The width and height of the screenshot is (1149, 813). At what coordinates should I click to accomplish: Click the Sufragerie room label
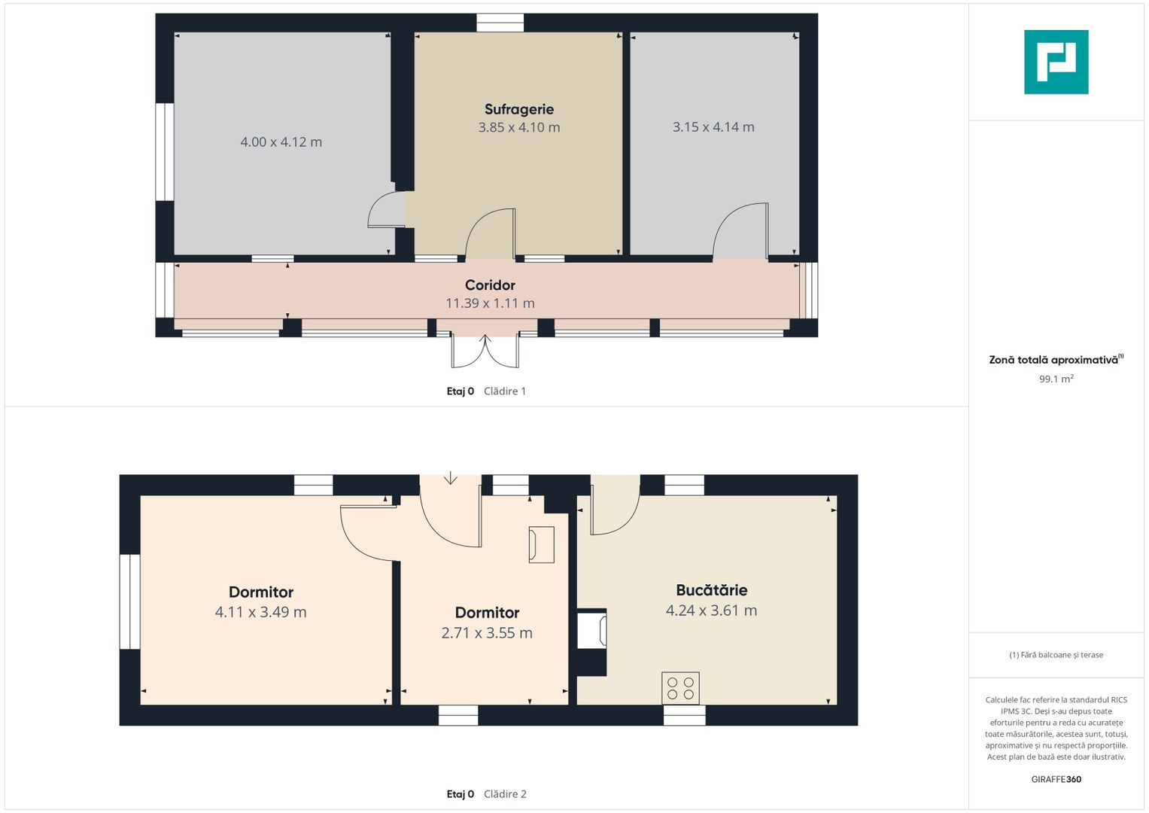[x=519, y=109]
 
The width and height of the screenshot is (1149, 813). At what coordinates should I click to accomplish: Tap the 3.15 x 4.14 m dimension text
[x=713, y=126]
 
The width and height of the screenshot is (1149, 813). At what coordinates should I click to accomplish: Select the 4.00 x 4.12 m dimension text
[x=281, y=142]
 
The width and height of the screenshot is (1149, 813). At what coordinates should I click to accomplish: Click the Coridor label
[x=490, y=285]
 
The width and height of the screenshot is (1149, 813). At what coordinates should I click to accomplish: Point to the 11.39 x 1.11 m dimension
[x=490, y=303]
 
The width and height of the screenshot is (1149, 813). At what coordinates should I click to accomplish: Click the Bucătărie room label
[x=712, y=589]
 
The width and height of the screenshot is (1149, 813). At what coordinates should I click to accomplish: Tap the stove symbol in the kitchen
[x=680, y=688]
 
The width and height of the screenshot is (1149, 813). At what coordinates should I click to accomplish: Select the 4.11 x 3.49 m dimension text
[x=260, y=612]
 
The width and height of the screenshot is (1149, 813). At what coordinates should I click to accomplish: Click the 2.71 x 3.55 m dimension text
[x=487, y=633]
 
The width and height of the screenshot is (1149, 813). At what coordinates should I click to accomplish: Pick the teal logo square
[x=1056, y=62]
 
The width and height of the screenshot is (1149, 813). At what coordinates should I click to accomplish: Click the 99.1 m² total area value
[x=1056, y=379]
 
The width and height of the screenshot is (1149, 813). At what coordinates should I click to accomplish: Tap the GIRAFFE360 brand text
[x=1056, y=779]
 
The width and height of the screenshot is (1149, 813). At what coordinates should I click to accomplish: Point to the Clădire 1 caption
[x=505, y=391]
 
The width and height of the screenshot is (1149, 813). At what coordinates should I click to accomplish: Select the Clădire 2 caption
[x=505, y=794]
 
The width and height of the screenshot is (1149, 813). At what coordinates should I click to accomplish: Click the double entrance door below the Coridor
[x=485, y=351]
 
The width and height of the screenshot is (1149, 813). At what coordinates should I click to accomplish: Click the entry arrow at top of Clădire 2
[x=451, y=478]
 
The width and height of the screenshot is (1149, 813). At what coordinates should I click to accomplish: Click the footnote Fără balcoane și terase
[x=1056, y=654]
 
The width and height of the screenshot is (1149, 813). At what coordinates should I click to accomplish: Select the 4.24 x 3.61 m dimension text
[x=712, y=611]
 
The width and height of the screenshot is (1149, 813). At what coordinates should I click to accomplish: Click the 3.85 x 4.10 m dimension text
[x=519, y=127]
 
